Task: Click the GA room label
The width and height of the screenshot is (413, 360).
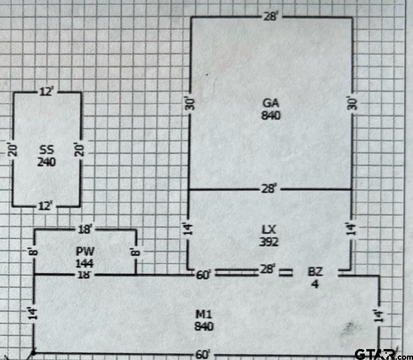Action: pyautogui.click(x=271, y=103)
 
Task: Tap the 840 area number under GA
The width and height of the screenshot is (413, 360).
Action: pyautogui.click(x=271, y=115)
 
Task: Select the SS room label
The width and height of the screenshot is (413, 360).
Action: pyautogui.click(x=47, y=150)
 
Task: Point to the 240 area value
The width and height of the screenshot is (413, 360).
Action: pyautogui.click(x=46, y=162)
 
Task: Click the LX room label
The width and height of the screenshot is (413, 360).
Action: pyautogui.click(x=269, y=230)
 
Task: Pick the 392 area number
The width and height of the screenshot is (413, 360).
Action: pyautogui.click(x=269, y=242)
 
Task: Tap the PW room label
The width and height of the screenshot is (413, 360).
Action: pyautogui.click(x=85, y=251)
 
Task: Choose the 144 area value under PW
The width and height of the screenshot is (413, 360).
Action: pyautogui.click(x=85, y=263)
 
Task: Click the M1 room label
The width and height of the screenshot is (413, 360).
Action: pyautogui.click(x=204, y=314)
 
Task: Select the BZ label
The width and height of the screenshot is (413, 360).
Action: pyautogui.click(x=315, y=272)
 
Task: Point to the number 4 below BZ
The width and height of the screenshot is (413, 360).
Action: pyautogui.click(x=315, y=284)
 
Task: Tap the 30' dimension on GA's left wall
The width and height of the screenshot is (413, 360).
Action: pyautogui.click(x=191, y=104)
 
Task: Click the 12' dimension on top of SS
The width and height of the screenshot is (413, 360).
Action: pyautogui.click(x=47, y=92)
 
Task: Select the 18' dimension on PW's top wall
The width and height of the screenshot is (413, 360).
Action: pyautogui.click(x=85, y=229)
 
